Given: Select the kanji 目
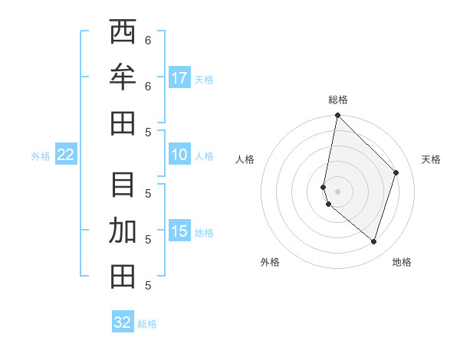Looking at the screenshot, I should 123,185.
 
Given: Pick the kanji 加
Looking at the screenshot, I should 123,231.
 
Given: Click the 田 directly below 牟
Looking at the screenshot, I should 123,123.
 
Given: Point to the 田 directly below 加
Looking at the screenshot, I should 123,276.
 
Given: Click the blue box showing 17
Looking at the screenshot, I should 179,78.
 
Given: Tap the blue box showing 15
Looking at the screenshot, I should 179,231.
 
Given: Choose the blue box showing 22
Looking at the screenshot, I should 66,155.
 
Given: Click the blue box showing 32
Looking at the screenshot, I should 123,322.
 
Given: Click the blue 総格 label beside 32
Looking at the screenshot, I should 147,324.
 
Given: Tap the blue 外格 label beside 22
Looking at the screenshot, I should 41,156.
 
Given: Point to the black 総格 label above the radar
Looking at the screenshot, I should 338,100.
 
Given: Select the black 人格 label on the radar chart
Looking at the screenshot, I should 245,159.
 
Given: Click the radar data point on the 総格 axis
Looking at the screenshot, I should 337,116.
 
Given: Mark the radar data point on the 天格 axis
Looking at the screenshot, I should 396,172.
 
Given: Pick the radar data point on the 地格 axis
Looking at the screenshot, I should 373,241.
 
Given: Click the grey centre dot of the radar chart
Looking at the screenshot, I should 337,191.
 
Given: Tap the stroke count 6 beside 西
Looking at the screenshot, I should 147,40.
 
